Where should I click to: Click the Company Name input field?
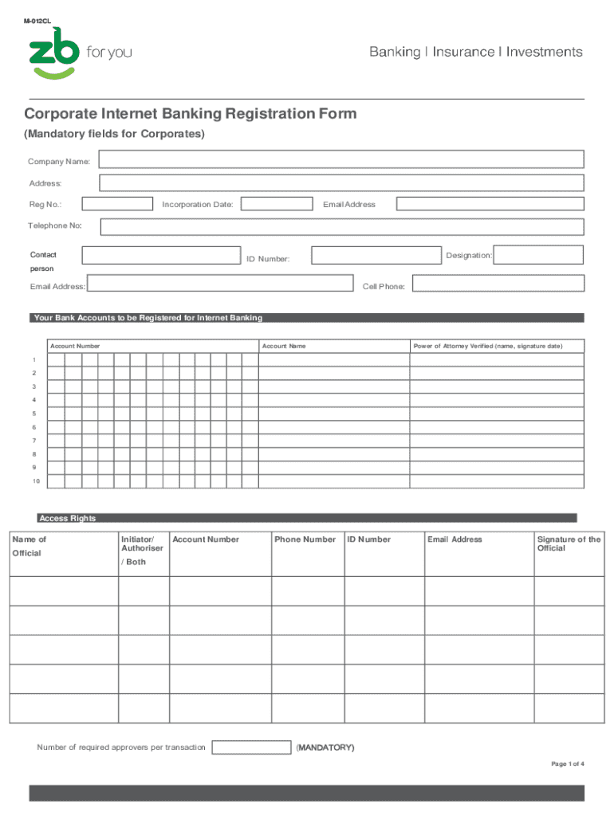click(x=341, y=161)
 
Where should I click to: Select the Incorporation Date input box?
click(x=277, y=204)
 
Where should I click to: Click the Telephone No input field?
click(x=341, y=226)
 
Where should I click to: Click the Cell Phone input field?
click(x=498, y=284)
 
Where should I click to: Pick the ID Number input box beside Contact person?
click(x=376, y=255)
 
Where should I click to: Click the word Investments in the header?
click(x=545, y=52)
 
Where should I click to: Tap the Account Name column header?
click(x=284, y=347)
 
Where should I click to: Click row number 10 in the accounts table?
click(x=36, y=481)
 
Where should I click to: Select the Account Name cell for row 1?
click(x=333, y=360)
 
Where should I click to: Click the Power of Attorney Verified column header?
click(x=487, y=347)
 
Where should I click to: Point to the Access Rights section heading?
click(x=68, y=519)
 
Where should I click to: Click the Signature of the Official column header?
click(x=569, y=543)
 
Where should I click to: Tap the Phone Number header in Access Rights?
click(x=305, y=539)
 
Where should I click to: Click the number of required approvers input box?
click(x=251, y=747)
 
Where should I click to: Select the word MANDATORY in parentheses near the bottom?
click(x=325, y=747)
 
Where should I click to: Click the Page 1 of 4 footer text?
click(x=568, y=764)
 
